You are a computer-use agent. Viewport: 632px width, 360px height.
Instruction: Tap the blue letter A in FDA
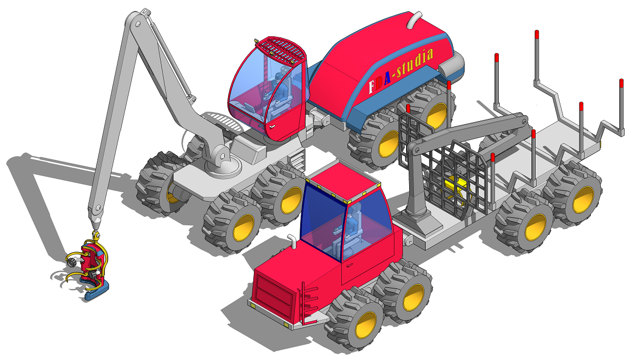tap(387, 78)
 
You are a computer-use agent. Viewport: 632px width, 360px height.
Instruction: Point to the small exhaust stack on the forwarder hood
tap(292, 241)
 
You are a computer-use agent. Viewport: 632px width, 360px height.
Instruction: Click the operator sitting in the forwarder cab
tap(345, 231)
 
